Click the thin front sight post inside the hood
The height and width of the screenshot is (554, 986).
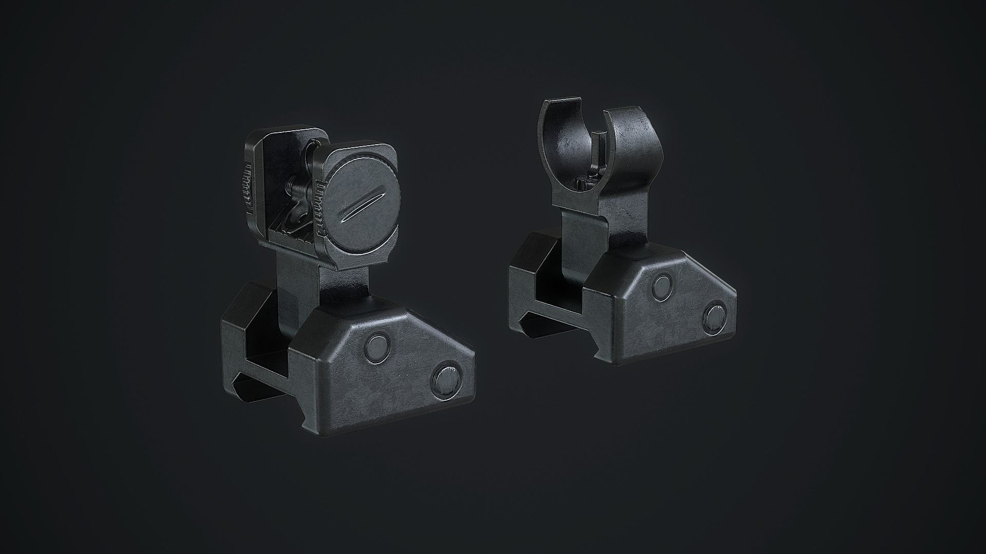click(x=595, y=154)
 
